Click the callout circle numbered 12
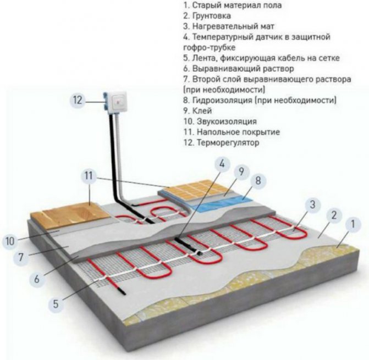78,100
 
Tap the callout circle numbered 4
222,163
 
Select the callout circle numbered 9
241,171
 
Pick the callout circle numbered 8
258,181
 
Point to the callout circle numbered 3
312,204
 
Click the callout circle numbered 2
334,215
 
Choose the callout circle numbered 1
353,224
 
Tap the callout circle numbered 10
10,241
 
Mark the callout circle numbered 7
21,257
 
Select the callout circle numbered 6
37,279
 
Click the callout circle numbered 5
56,304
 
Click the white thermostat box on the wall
117,103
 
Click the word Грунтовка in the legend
212,16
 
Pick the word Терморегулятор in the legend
228,142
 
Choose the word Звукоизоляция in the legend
227,121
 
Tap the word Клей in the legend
202,110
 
